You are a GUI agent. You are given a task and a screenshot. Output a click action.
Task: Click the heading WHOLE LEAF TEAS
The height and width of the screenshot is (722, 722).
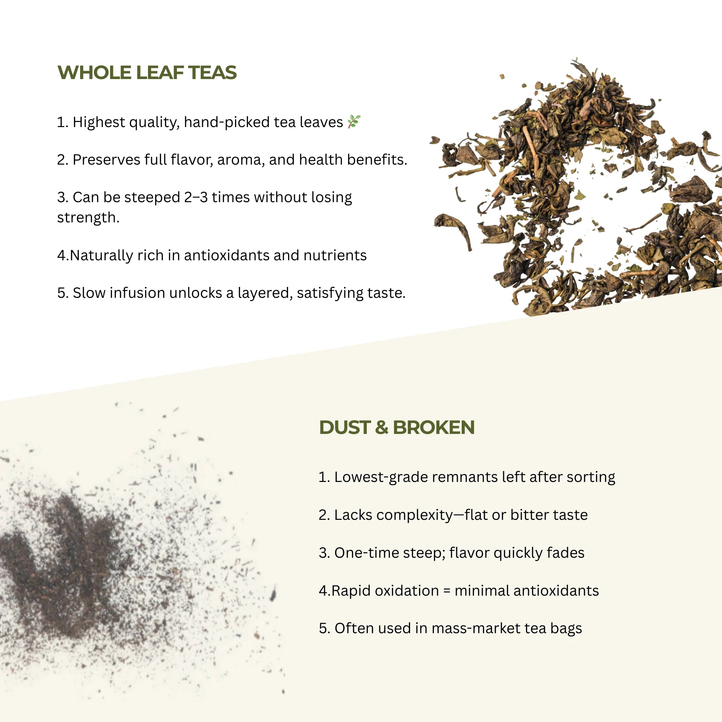point(147,73)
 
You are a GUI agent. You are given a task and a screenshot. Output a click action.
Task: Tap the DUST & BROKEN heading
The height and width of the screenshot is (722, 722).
point(396,427)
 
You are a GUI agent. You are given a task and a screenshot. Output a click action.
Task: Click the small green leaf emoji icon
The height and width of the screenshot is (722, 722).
point(353,121)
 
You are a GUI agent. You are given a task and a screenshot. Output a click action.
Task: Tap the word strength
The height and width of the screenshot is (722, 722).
point(88,217)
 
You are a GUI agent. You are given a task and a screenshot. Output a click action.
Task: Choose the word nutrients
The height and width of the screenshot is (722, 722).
point(335,256)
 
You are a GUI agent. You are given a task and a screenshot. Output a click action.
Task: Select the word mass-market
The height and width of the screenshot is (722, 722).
point(476,629)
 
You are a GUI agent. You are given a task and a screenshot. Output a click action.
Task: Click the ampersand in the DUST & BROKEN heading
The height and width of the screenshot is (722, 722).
point(381,427)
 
